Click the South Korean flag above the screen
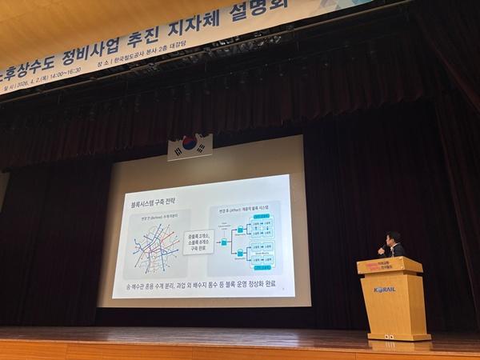click(190, 145)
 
